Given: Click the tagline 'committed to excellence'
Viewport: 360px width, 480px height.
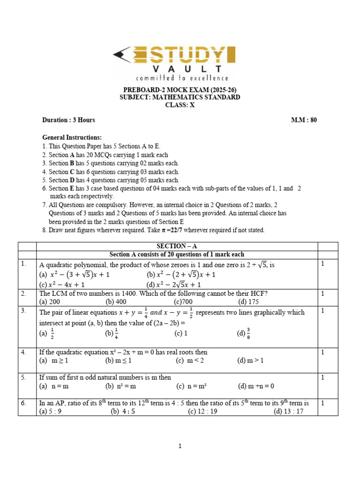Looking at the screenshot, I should pyautogui.click(x=182, y=78).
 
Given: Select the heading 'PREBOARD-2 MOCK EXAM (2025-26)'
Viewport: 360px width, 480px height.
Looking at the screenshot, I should pyautogui.click(x=180, y=90).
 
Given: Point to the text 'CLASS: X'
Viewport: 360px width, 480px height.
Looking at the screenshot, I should pyautogui.click(x=180, y=105).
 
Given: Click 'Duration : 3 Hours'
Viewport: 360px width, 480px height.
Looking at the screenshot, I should pyautogui.click(x=68, y=120).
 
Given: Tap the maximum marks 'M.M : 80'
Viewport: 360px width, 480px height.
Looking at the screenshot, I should pyautogui.click(x=304, y=120).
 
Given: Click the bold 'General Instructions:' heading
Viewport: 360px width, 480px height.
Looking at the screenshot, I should pyautogui.click(x=72, y=137).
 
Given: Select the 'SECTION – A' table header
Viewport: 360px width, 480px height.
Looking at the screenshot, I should pyautogui.click(x=177, y=246).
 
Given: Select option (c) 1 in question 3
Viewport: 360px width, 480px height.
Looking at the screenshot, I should pyautogui.click(x=181, y=334).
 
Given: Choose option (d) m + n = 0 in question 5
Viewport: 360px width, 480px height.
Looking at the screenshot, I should pyautogui.click(x=255, y=386).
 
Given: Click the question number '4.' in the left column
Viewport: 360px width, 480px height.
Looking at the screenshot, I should pyautogui.click(x=23, y=352).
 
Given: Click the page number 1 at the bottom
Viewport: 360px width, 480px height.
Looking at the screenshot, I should pyautogui.click(x=180, y=446).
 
